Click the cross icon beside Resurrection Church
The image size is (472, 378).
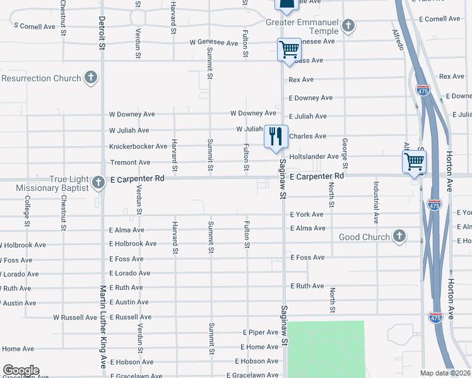click(x=91, y=78)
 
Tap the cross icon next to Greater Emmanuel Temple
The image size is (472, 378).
click(x=348, y=26)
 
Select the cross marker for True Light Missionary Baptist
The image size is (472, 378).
click(x=98, y=183)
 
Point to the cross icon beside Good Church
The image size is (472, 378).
click(x=398, y=236)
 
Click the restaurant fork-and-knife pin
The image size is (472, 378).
click(x=276, y=137)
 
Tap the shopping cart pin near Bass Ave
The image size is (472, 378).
click(x=289, y=49)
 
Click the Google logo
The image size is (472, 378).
click(x=21, y=370)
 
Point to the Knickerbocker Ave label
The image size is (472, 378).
click(x=138, y=146)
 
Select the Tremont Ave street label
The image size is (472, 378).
click(x=130, y=163)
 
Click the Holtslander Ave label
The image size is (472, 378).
click(x=314, y=156)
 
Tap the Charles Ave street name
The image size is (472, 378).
click(x=307, y=136)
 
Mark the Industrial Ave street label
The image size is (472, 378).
click(x=375, y=202)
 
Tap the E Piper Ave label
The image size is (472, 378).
click(x=260, y=332)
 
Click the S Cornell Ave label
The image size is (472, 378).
click(x=38, y=26)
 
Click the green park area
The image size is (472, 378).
click(x=326, y=350)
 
